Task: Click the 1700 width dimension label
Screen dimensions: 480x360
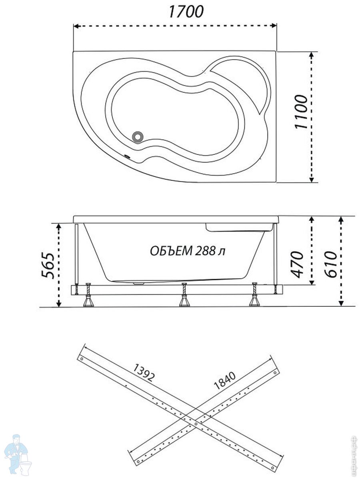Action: (x=185, y=12)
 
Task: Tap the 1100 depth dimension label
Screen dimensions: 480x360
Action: (x=301, y=112)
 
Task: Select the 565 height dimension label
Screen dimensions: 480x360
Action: (x=47, y=265)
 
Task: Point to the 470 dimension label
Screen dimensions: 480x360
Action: (x=298, y=264)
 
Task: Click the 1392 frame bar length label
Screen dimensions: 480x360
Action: (x=144, y=372)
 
